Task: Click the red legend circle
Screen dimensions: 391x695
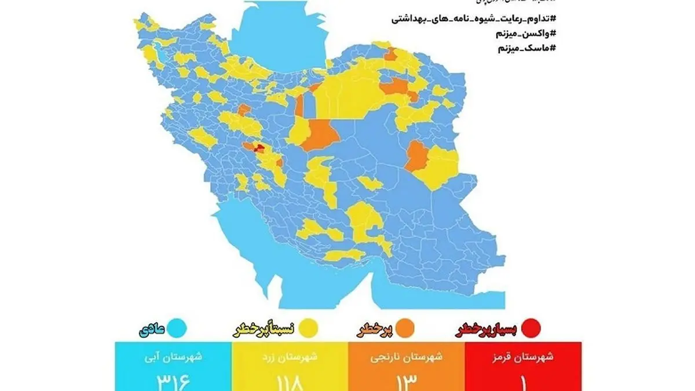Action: click(x=531, y=328)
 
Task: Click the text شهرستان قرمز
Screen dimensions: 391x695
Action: click(x=525, y=357)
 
